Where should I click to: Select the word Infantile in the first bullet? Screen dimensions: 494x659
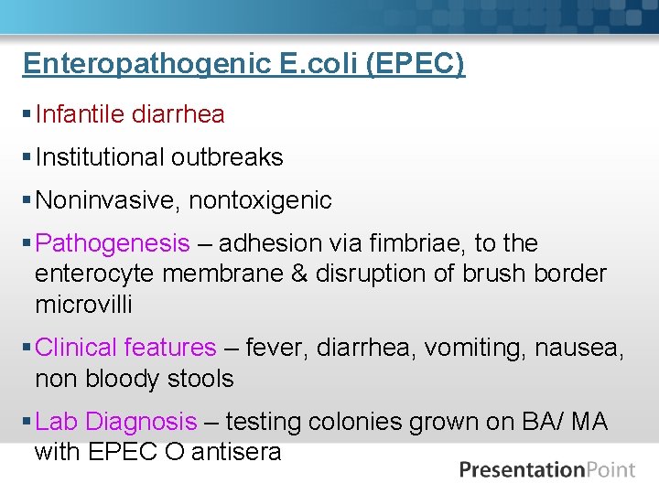[80, 114]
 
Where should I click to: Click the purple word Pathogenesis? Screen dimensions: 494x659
[113, 243]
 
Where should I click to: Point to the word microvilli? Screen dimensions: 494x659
[81, 304]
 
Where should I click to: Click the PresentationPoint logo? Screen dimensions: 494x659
[547, 470]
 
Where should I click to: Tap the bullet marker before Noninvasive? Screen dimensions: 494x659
[27, 200]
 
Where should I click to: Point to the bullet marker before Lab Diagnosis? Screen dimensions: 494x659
[27, 422]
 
